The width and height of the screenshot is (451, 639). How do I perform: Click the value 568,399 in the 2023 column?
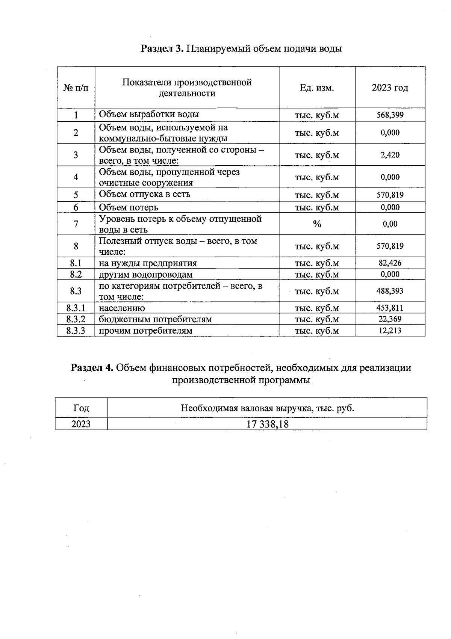[x=390, y=115]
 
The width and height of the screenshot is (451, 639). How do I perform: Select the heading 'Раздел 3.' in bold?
[x=162, y=48]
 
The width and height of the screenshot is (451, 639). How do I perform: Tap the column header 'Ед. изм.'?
[x=317, y=88]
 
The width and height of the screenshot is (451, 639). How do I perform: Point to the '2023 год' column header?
[x=390, y=88]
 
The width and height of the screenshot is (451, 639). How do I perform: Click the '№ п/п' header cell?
[x=76, y=88]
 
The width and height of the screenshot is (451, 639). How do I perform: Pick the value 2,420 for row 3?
[x=390, y=155]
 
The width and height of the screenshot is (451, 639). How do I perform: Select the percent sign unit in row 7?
[x=317, y=224]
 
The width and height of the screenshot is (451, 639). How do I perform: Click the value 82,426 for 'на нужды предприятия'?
[x=390, y=263]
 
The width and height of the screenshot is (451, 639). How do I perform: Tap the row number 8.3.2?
[x=76, y=319]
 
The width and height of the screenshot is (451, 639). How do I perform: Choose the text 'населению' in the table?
[x=122, y=308]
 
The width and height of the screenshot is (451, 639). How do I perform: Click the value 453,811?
[x=390, y=308]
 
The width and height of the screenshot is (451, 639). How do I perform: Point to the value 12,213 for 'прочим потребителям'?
[x=390, y=331]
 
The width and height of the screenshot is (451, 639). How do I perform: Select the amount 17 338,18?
[x=267, y=424]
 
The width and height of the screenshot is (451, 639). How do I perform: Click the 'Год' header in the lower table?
[x=81, y=408]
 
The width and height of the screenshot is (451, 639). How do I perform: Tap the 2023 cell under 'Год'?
[x=81, y=424]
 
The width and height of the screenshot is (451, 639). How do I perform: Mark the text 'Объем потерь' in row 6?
[x=129, y=207]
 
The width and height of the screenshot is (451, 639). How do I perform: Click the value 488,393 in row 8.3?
[x=390, y=291]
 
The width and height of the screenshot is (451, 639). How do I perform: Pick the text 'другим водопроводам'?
[x=146, y=275]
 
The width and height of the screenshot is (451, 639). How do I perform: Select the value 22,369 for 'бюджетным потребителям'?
[x=390, y=319]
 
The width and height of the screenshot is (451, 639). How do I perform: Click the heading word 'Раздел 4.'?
[x=92, y=367]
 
